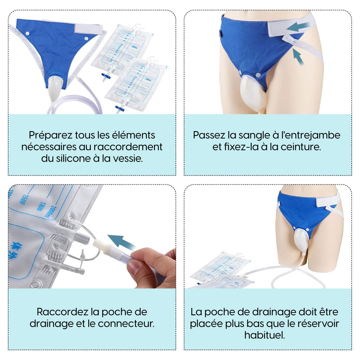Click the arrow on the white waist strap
click(x=298, y=27)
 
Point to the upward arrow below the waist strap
click(x=298, y=57)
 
